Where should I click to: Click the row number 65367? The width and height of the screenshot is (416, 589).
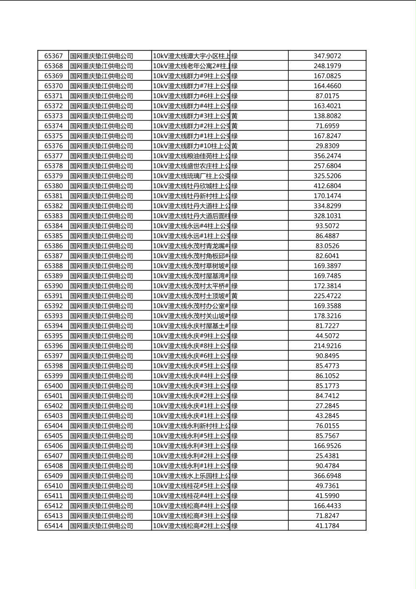click(53, 56)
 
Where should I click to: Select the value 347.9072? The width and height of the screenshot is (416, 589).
click(327, 56)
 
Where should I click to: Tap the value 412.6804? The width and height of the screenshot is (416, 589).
click(327, 186)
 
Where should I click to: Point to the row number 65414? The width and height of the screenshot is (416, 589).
click(53, 526)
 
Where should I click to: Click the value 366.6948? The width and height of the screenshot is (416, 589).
click(327, 476)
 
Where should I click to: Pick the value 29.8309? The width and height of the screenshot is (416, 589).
click(327, 146)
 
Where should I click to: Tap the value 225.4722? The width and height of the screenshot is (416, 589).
click(327, 296)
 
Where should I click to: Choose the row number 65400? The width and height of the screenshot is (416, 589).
click(53, 386)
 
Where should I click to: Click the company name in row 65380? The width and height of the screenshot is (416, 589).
click(102, 186)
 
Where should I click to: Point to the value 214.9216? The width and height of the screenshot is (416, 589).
click(327, 346)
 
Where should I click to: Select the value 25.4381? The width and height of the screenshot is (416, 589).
click(327, 456)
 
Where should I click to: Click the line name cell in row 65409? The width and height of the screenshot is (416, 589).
click(191, 476)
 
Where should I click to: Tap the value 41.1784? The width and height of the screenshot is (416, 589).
click(327, 526)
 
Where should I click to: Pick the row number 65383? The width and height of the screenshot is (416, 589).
click(53, 216)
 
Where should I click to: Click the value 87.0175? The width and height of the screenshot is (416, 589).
click(327, 96)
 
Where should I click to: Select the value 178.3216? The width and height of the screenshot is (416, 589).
click(327, 316)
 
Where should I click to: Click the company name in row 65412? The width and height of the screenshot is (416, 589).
click(102, 505)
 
